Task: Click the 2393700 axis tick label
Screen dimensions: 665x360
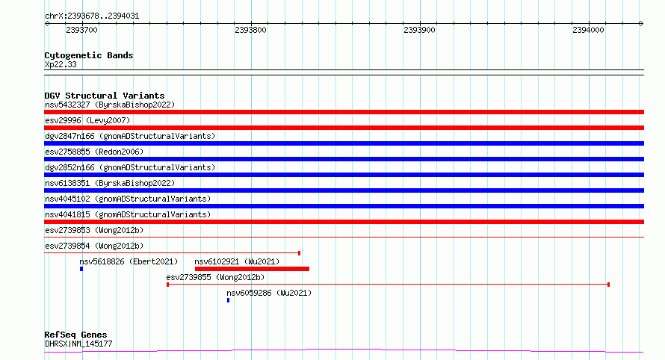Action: point(82,30)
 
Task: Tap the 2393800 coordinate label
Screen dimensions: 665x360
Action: point(250,30)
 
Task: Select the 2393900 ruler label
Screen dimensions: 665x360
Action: point(419,30)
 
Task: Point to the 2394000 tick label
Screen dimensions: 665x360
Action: point(588,30)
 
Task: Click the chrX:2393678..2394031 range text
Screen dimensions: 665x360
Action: point(92,16)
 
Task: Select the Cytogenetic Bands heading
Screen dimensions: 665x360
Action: point(89,55)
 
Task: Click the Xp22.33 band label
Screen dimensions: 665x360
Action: point(61,64)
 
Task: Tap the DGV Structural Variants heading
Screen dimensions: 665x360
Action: point(105,96)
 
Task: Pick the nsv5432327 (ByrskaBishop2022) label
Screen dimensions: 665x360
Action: point(110,105)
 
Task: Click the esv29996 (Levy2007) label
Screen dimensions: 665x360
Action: point(87,120)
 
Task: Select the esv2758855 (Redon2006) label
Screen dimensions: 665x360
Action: point(94,152)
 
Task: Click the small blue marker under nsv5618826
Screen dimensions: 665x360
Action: point(81,269)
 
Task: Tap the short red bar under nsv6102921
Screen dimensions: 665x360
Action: point(252,269)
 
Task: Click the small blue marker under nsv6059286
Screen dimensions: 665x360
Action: point(228,300)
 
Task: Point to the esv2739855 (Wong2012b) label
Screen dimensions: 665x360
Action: point(215,277)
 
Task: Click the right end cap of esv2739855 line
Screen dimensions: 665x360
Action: point(609,285)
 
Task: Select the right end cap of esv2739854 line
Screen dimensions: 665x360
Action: point(300,253)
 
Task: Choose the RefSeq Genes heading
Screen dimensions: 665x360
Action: point(75,335)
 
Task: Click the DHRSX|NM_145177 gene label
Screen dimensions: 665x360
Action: point(78,344)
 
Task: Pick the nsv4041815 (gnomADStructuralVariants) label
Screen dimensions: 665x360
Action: point(128,214)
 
